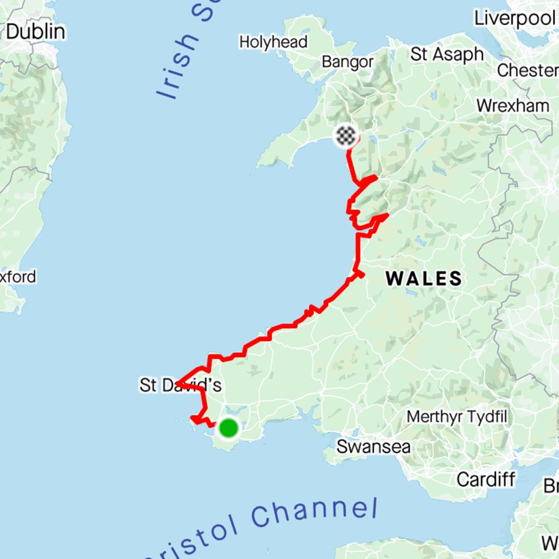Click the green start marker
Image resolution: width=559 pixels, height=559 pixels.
[x=228, y=428]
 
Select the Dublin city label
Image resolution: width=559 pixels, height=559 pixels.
[x=35, y=31]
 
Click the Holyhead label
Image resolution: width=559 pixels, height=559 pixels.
[x=273, y=42]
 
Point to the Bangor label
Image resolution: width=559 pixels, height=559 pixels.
[x=347, y=61]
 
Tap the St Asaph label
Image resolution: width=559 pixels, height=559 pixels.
[x=447, y=54]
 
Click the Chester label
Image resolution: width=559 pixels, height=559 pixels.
[x=527, y=71]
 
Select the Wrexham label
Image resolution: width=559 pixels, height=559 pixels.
[x=513, y=105]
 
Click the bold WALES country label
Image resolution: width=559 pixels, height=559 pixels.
[x=424, y=278]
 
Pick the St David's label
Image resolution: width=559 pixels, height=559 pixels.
[x=181, y=385]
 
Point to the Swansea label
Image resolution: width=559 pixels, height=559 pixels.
[x=373, y=447]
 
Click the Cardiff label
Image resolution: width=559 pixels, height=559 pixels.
[x=485, y=479]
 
